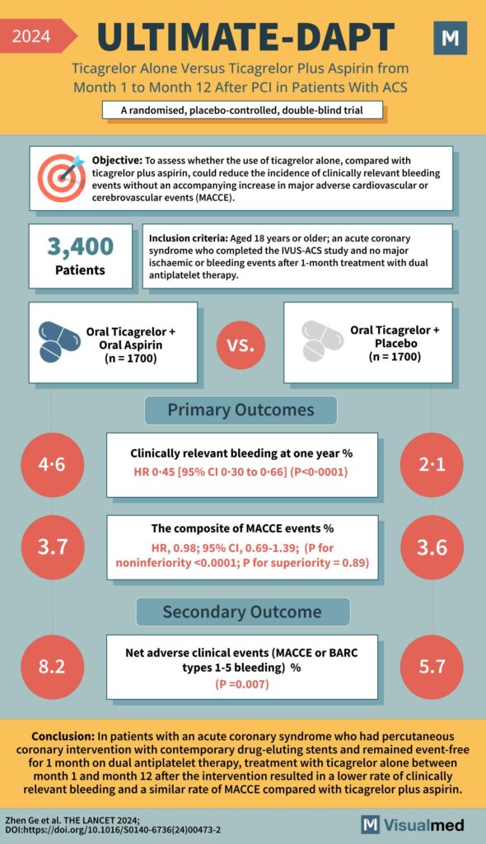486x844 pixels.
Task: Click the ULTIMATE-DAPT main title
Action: pyautogui.click(x=245, y=36)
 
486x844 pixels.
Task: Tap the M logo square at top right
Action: pyautogui.click(x=450, y=38)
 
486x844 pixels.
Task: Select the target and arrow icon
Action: pyautogui.click(x=61, y=177)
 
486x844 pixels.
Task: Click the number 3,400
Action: pyautogui.click(x=80, y=246)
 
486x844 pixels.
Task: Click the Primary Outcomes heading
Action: pyautogui.click(x=241, y=410)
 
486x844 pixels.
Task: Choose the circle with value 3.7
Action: pyautogui.click(x=52, y=548)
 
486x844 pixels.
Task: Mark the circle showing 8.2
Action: pyautogui.click(x=52, y=664)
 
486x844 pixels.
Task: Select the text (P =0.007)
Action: pyautogui.click(x=242, y=683)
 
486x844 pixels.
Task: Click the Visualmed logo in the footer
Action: pyautogui.click(x=414, y=824)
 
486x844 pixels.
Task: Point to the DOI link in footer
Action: pyautogui.click(x=112, y=829)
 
